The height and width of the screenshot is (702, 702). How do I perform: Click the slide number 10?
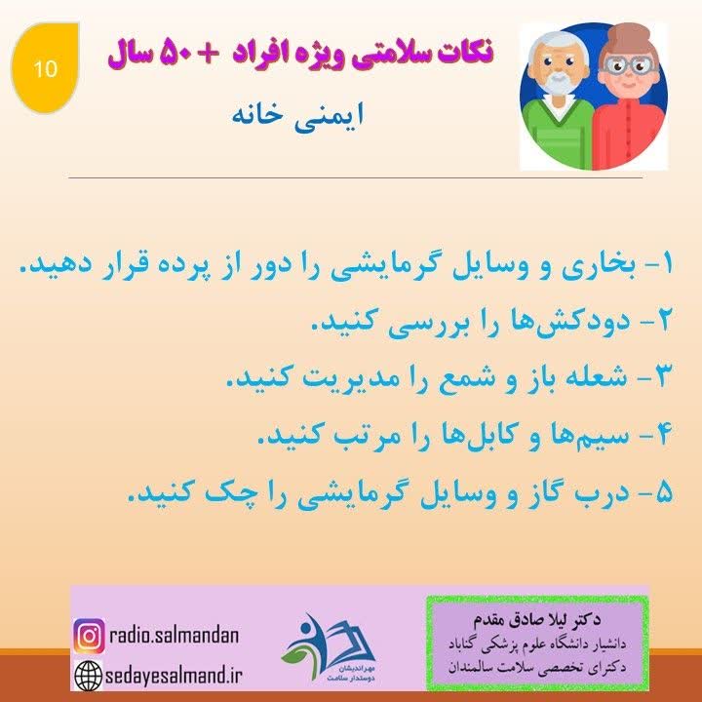pyautogui.click(x=45, y=68)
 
